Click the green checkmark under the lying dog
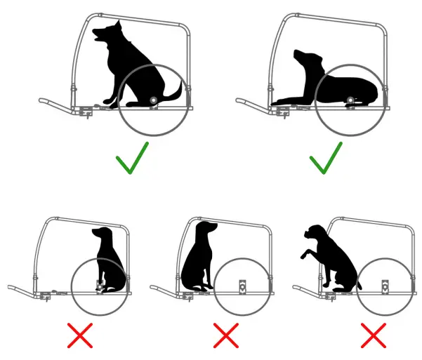coord(326,159)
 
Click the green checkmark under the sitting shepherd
coord(132,159)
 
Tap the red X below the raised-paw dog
coord(374,335)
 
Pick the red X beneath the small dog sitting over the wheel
coord(81,335)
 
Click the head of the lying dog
coord(303,58)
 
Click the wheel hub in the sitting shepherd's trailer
coord(153,101)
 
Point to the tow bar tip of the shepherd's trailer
coord(43,102)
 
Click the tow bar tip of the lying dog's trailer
coord(241,102)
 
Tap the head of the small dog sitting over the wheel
coord(101,234)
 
